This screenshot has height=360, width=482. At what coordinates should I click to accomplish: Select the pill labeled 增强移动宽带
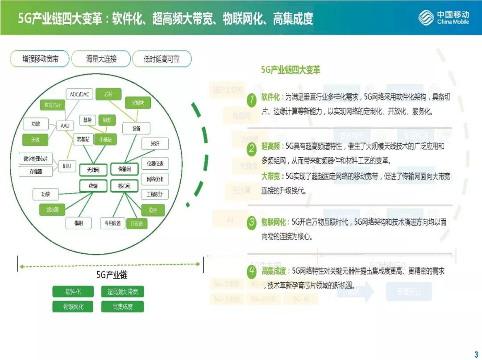[40, 59]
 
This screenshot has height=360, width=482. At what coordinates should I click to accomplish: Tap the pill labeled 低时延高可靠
[162, 59]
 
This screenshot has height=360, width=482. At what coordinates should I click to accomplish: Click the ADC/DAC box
[79, 94]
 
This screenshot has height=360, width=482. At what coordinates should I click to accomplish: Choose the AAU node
[65, 126]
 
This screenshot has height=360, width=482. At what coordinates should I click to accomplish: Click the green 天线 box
[36, 140]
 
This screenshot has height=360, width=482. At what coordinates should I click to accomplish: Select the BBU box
[67, 166]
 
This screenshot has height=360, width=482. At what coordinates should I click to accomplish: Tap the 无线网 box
[93, 169]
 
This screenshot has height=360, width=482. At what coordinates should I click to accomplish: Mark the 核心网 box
[124, 186]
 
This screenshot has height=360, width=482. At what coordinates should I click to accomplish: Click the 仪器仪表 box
[155, 163]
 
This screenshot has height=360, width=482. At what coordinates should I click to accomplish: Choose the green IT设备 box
[137, 223]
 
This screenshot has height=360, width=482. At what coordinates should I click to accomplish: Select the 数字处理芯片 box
[36, 159]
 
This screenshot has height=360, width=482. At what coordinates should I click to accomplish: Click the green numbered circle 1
[252, 100]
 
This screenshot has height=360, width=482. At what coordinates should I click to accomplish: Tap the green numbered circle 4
[252, 271]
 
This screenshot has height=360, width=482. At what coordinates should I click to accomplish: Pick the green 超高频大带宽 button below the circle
[123, 292]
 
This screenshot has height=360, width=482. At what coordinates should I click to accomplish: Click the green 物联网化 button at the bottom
[73, 306]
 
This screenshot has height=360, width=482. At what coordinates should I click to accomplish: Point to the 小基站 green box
[105, 139]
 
